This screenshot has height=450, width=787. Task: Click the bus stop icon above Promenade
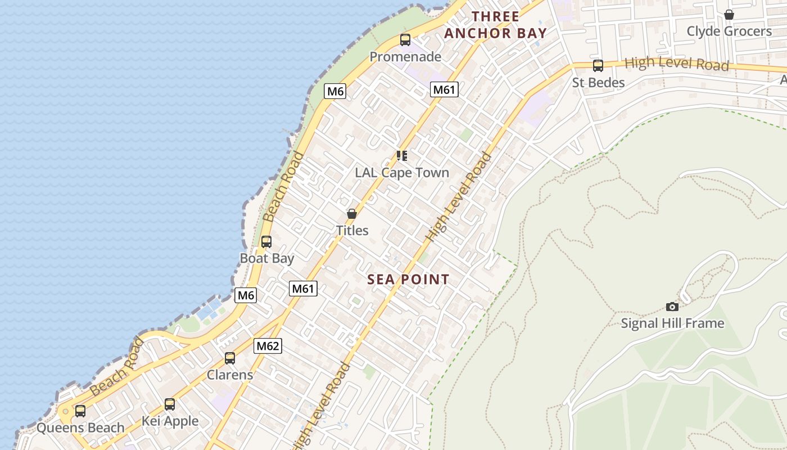pyautogui.click(x=405, y=40)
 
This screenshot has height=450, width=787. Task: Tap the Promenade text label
pyautogui.click(x=405, y=57)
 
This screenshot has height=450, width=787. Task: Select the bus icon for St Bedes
pyautogui.click(x=598, y=66)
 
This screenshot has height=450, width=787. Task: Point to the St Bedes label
pyautogui.click(x=598, y=83)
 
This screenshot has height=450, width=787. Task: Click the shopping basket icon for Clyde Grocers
pyautogui.click(x=729, y=15)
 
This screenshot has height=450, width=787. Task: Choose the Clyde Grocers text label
pyautogui.click(x=729, y=31)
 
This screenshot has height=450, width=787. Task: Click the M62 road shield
pyautogui.click(x=268, y=346)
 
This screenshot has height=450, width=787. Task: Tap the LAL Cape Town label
pyautogui.click(x=402, y=173)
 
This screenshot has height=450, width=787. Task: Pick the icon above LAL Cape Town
pyautogui.click(x=402, y=156)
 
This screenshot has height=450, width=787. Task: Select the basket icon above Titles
pyautogui.click(x=352, y=214)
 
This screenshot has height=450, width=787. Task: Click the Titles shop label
pyautogui.click(x=352, y=230)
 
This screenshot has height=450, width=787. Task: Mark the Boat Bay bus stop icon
pyautogui.click(x=266, y=242)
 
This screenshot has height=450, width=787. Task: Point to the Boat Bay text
pyautogui.click(x=267, y=258)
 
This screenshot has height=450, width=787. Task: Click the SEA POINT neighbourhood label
pyautogui.click(x=408, y=279)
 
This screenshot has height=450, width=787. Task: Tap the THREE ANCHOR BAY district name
pyautogui.click(x=495, y=25)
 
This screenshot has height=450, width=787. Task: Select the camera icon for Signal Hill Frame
pyautogui.click(x=672, y=307)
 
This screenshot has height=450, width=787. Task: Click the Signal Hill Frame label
pyautogui.click(x=672, y=323)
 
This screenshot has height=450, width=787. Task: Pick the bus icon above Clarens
pyautogui.click(x=230, y=358)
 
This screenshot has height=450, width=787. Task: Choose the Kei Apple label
pyautogui.click(x=170, y=421)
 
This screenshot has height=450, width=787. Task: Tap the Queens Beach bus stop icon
pyautogui.click(x=80, y=411)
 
